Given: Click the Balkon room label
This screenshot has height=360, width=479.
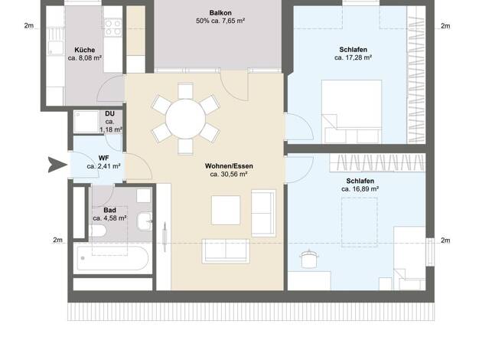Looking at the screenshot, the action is pos(220,13).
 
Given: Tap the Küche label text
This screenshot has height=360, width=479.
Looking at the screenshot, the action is pos(85,50).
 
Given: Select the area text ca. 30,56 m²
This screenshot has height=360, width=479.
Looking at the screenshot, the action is pos(229,175).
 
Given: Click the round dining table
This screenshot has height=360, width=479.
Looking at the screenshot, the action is pos(185,119).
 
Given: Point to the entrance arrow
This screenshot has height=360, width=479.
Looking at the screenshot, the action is pos(57,165).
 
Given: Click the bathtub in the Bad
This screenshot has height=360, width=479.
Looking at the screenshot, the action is pos(112,258).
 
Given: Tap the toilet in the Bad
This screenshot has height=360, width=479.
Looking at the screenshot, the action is pos(98,231).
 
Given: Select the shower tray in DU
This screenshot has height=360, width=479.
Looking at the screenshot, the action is pos(86,122).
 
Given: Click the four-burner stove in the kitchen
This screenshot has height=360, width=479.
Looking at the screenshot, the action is pos(112,28).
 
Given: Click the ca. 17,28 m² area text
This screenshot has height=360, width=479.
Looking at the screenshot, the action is pos(354,57).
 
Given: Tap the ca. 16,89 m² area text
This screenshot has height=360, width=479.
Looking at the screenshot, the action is pos(360,189).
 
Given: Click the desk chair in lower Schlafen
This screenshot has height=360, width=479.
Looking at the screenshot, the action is pos(309,259).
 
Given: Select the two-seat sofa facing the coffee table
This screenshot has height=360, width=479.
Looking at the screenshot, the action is pos(226,251).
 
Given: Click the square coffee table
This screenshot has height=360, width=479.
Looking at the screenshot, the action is pos(226,210).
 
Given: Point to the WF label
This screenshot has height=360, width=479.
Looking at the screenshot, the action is pos(103,158).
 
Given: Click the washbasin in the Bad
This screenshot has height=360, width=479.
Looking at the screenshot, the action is pos(144,221).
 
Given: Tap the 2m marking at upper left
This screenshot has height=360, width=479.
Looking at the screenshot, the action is pos(29,26).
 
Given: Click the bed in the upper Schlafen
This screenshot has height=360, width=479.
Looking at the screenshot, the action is pos(351,112).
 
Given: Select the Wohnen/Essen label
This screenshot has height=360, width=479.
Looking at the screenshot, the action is pos(229,166).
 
